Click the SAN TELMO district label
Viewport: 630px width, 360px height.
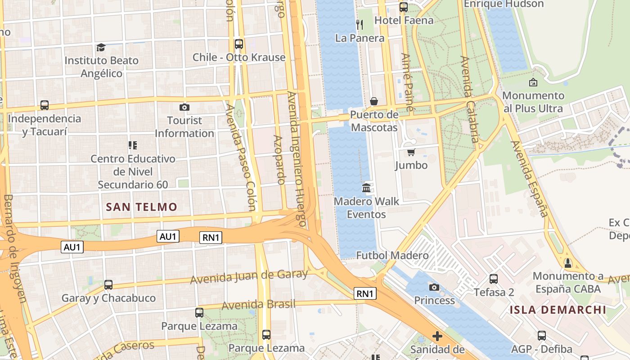pos(141,207)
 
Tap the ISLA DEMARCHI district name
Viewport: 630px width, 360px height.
pos(558,310)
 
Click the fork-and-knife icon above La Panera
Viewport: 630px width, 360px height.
pos(360,24)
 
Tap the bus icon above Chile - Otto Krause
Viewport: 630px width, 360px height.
pos(239,44)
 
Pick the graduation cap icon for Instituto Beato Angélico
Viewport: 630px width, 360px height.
pos(101,47)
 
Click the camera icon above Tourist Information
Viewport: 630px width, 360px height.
pos(184,107)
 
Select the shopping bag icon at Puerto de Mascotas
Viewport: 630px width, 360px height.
pos(374,101)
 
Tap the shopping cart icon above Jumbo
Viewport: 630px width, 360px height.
pos(411,152)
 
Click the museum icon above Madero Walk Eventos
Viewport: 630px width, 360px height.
pos(366,188)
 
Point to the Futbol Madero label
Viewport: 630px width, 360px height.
pos(392,256)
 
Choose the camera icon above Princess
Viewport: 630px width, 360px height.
pos(434,287)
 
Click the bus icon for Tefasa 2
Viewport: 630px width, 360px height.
pos(494,279)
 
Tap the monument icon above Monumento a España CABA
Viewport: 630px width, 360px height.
pos(567,262)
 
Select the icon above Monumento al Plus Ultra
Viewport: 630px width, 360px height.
pos(533,82)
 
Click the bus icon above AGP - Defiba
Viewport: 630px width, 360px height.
pos(542,335)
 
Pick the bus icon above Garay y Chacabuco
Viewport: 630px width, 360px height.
pos(108,285)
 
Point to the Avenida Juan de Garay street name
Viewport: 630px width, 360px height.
pos(249,277)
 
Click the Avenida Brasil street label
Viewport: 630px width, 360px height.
pos(259,305)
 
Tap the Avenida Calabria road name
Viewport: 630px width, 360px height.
pos(468,99)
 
